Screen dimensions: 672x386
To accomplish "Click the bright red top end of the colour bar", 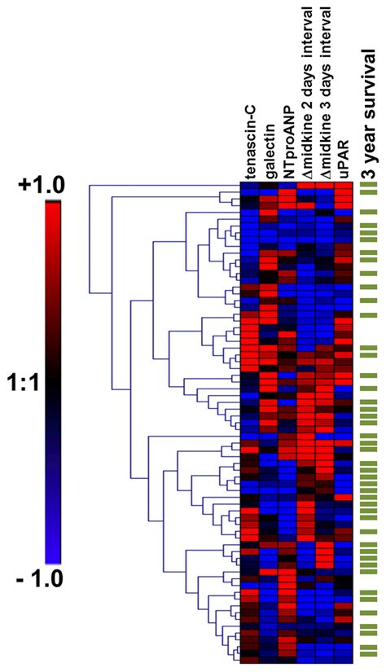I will coord(53,205).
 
